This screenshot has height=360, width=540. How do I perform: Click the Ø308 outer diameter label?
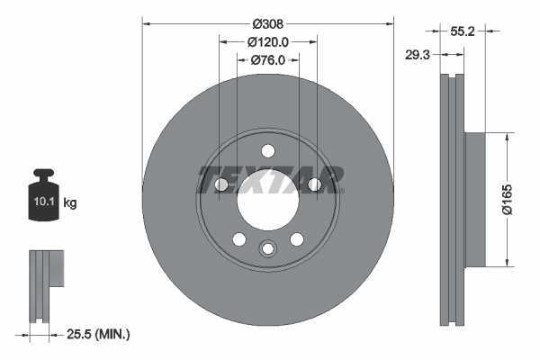click(x=268, y=22)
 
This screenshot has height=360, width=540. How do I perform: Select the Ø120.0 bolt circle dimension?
click(x=268, y=41)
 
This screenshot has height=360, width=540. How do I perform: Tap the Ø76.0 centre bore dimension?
click(x=268, y=60)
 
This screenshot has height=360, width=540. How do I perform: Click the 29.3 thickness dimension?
click(x=418, y=53)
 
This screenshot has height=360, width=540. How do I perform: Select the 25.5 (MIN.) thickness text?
click(x=99, y=335)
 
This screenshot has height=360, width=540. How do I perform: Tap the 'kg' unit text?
click(x=71, y=203)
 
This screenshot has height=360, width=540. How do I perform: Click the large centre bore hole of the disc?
click(x=268, y=201)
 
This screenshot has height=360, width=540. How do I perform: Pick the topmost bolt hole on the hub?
click(x=268, y=152)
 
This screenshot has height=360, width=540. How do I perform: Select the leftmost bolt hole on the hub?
click(x=221, y=185)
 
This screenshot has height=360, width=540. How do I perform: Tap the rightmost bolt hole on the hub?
click(x=315, y=185)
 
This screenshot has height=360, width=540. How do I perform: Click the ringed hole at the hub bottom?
click(x=268, y=249)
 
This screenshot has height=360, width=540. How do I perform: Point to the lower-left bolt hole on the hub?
click(x=239, y=239)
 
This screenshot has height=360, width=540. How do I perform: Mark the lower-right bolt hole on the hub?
click(x=297, y=239)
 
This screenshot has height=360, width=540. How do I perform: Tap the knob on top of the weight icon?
click(x=43, y=173)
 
